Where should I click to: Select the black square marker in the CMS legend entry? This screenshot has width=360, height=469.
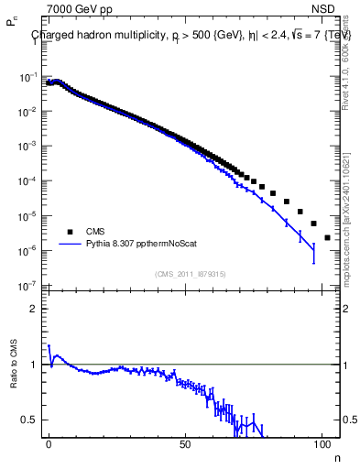click(68, 232)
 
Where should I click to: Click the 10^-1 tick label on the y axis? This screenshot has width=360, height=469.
click(28, 77)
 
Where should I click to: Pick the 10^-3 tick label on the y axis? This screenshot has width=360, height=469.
click(28, 147)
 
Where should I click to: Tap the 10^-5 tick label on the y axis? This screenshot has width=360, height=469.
click(28, 216)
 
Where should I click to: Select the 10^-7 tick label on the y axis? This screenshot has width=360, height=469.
click(28, 286)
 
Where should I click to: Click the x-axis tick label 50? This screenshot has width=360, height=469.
click(185, 443)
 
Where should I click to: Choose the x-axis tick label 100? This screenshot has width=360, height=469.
click(322, 443)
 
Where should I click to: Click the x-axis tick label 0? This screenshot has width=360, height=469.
click(49, 443)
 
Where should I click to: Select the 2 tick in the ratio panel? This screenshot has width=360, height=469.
click(36, 309)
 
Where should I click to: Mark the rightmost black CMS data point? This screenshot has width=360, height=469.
click(327, 237)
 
